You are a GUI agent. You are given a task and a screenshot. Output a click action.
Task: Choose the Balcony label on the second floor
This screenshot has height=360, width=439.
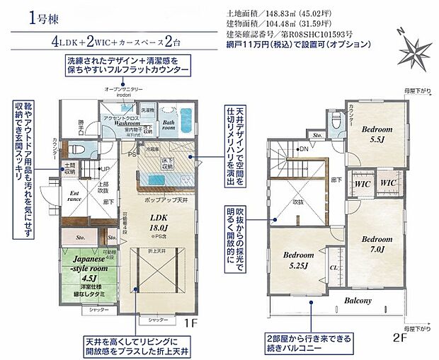[x=359, y=300]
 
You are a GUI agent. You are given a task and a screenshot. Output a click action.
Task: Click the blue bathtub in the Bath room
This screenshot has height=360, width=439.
[x=186, y=115]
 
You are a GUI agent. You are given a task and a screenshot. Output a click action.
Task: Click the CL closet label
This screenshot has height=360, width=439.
[x=333, y=267]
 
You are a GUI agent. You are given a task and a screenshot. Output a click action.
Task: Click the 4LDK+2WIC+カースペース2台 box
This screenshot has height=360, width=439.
[x=125, y=40]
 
